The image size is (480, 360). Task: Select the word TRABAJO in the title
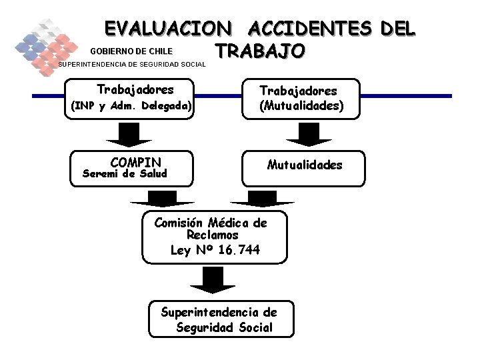click(x=260, y=51)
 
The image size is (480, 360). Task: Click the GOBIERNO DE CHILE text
click(x=131, y=51)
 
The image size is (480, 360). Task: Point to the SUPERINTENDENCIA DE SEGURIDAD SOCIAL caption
click(x=133, y=65)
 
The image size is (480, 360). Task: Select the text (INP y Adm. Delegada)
click(x=131, y=106)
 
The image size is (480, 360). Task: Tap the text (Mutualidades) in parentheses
click(x=302, y=105)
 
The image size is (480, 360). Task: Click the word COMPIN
click(x=136, y=163)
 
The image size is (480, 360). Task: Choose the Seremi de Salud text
click(x=124, y=174)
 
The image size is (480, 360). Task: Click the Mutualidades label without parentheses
click(x=305, y=165)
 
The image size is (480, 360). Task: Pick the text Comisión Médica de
click(x=211, y=223)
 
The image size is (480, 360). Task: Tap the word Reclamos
click(x=213, y=235)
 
